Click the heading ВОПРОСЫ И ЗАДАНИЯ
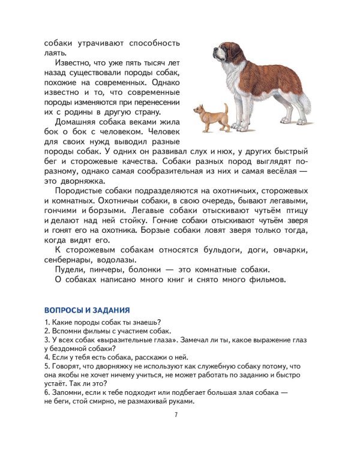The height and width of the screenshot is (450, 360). [x=87, y=310]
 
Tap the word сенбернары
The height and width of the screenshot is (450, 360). [x=68, y=260]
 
